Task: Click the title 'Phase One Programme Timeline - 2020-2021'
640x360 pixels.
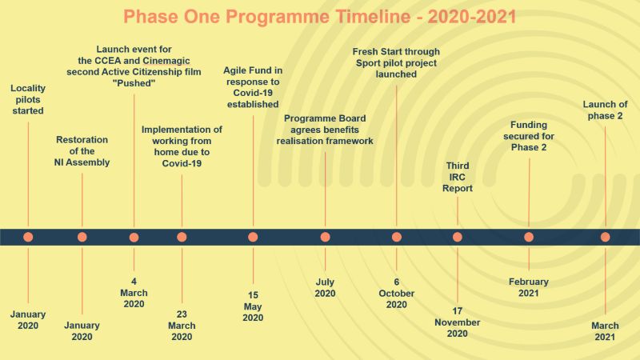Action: coord(319,17)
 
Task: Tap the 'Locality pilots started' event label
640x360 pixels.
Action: coord(28,99)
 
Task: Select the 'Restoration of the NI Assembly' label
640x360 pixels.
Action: coord(82,151)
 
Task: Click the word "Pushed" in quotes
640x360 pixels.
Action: coord(134,83)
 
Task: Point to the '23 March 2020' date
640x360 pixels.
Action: coord(182,326)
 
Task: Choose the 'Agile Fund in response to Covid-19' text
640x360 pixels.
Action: coord(253,87)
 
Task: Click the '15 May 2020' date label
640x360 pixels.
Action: coord(253,306)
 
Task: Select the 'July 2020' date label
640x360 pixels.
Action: coord(325,287)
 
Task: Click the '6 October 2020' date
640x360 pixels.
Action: coord(396,293)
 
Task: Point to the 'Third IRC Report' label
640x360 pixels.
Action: coord(457,177)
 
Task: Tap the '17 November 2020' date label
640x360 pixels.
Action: coord(457,322)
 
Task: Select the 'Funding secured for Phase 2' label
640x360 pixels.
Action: coord(529,136)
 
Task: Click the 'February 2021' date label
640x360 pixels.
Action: coord(529,287)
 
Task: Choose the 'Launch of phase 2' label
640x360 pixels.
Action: coord(605,110)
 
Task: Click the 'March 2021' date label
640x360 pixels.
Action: coord(605,331)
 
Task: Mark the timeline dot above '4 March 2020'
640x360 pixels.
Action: coord(134,237)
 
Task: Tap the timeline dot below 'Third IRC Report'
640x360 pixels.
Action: coord(457,237)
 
